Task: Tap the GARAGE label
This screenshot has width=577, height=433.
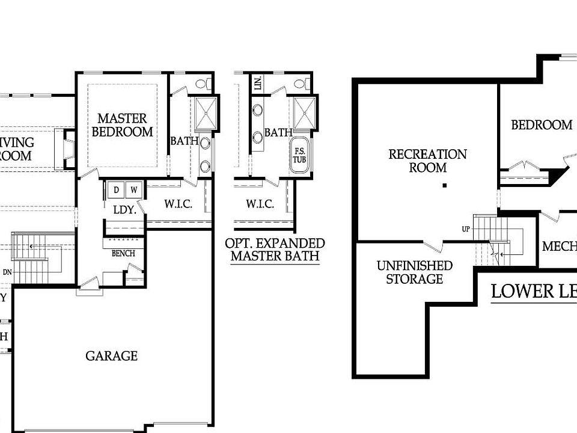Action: click(111, 356)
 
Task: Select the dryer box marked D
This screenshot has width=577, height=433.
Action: click(116, 190)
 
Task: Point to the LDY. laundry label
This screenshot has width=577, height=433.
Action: click(125, 210)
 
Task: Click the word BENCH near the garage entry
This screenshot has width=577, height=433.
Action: click(123, 253)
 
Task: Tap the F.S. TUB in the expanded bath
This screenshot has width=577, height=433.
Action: click(299, 156)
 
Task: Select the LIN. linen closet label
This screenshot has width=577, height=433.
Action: click(258, 84)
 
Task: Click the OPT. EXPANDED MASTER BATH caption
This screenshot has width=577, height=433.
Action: click(275, 250)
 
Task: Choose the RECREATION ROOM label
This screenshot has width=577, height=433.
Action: click(427, 161)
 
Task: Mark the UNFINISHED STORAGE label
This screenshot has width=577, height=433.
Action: click(414, 272)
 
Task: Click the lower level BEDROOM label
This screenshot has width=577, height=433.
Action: click(542, 125)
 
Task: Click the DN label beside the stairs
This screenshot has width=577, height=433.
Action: click(7, 272)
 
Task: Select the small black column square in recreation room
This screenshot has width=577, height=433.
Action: click(444, 185)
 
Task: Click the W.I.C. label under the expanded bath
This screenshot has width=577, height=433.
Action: click(260, 204)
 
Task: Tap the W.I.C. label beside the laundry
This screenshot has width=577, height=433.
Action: click(178, 204)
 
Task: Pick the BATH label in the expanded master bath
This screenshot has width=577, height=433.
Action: click(278, 132)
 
